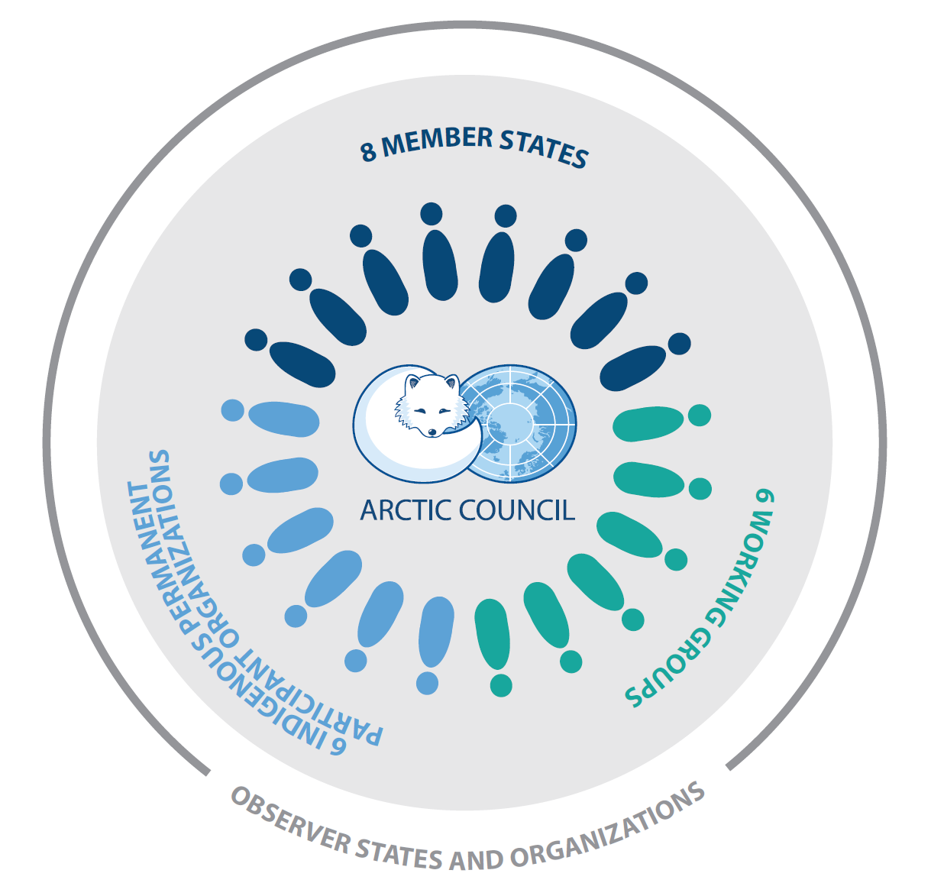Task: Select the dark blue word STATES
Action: pos(544,148)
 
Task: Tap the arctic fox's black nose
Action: pos(432,433)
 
